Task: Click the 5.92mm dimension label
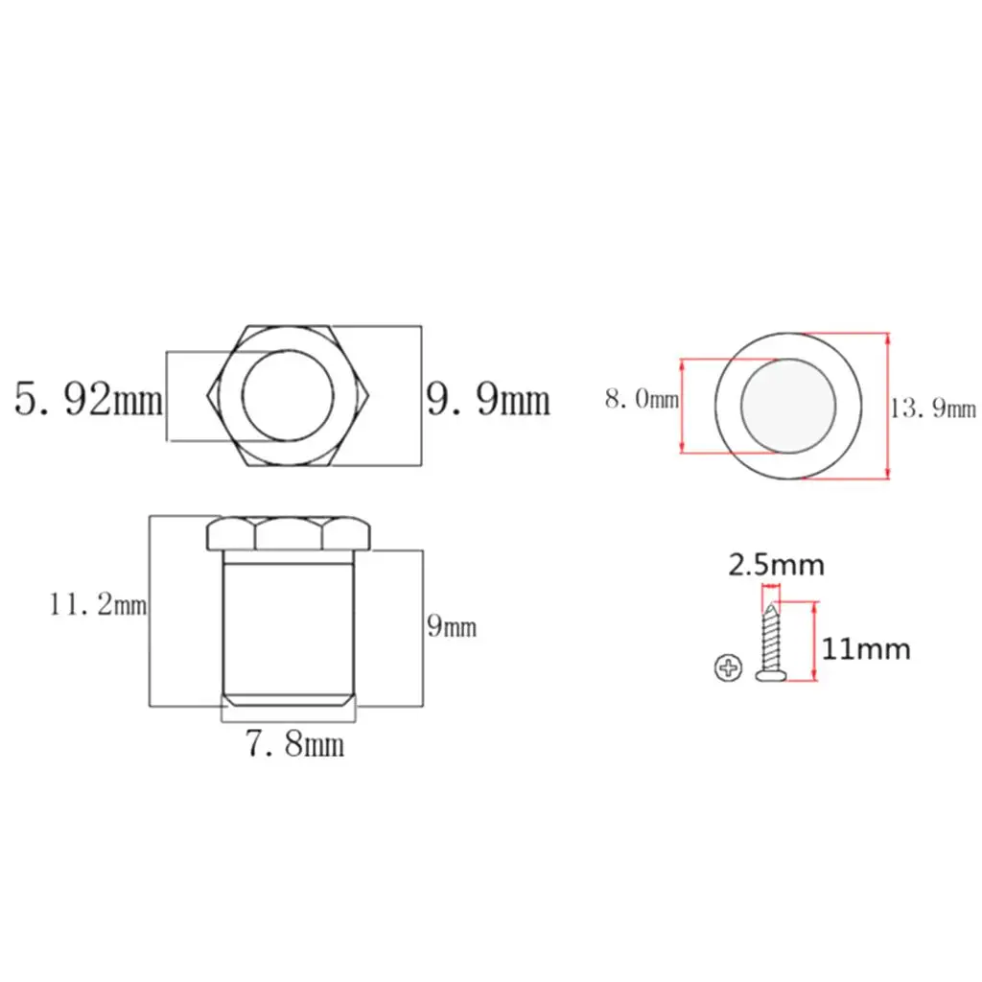[88, 399]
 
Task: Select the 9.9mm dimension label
[488, 399]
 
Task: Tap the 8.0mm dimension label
[642, 398]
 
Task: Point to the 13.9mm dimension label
[933, 409]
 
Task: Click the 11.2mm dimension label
[98, 604]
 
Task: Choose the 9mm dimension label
[452, 625]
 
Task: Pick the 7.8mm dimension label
[294, 743]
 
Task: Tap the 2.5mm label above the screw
[776, 565]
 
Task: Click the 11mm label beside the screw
[866, 649]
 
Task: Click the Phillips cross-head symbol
[729, 667]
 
